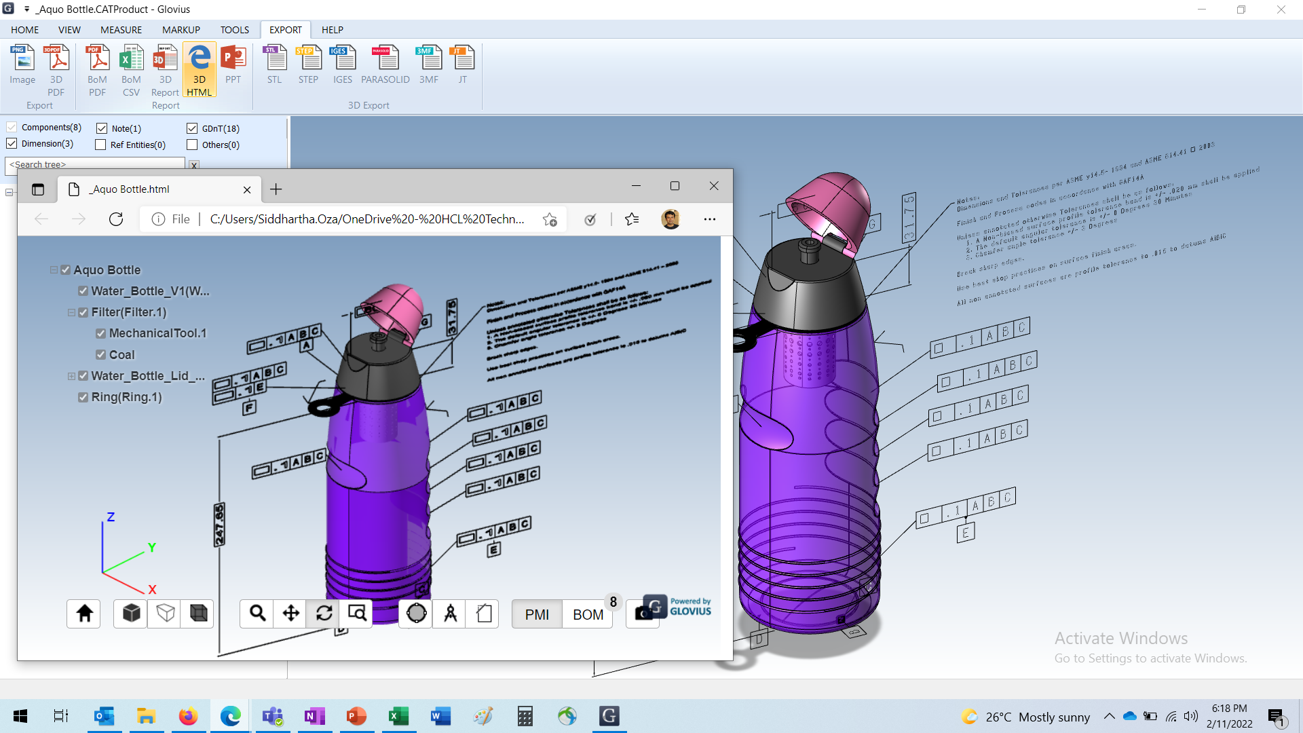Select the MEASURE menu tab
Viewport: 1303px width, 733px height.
click(121, 30)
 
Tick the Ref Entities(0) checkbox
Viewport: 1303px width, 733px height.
click(101, 145)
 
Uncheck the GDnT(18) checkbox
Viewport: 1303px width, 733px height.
click(192, 128)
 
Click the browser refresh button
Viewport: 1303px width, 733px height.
click(116, 219)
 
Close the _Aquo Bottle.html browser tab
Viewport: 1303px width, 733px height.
click(247, 190)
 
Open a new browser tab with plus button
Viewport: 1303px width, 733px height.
click(276, 189)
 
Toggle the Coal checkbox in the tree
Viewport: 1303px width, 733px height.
click(101, 354)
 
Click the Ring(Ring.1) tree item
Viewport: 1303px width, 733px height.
click(126, 397)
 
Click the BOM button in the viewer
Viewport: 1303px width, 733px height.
click(588, 614)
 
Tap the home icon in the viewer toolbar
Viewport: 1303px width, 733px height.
click(84, 614)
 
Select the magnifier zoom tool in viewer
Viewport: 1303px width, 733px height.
click(257, 614)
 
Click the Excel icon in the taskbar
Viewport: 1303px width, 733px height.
click(398, 716)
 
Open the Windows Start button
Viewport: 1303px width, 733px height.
click(20, 716)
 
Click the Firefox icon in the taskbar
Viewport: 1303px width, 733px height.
click(188, 716)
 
